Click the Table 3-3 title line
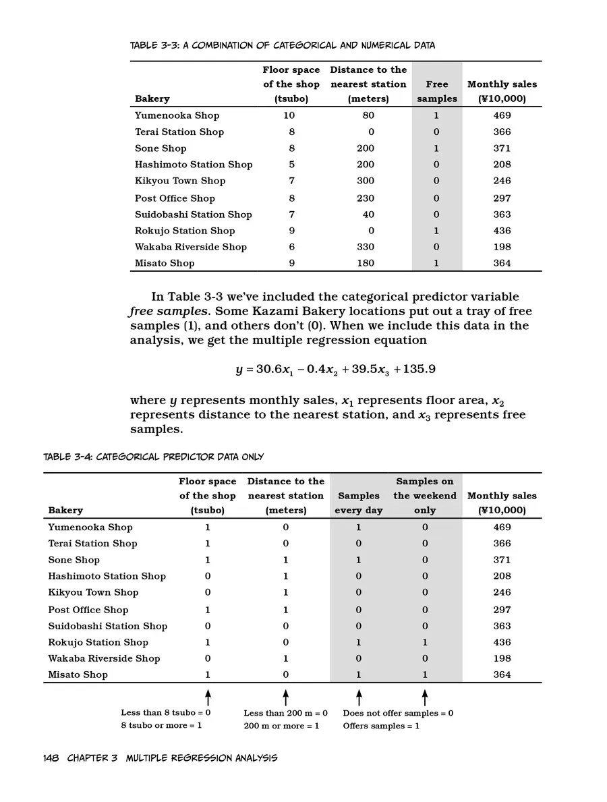282,46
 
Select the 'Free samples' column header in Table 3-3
436,92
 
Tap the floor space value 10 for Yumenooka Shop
289,115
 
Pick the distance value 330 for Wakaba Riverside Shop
365,247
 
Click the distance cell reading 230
365,198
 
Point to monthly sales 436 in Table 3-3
501,231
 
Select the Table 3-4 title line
153,457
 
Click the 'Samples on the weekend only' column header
425,496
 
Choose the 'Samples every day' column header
358,503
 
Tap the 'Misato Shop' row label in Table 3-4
78,675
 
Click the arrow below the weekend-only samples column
424,697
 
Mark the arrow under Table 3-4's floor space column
208,697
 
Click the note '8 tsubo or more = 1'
161,726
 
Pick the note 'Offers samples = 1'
381,726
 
